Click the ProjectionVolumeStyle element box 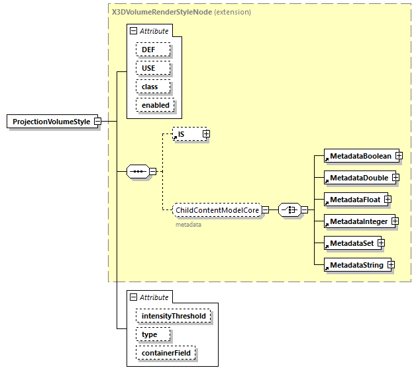pyautogui.click(x=51, y=122)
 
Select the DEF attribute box pyautogui.click(x=153, y=50)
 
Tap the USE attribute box pyautogui.click(x=153, y=68)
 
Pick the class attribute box pyautogui.click(x=153, y=87)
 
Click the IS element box pyautogui.click(x=187, y=134)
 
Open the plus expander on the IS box pyautogui.click(x=206, y=134)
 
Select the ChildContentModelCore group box pyautogui.click(x=216, y=210)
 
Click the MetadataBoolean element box pyautogui.click(x=358, y=156)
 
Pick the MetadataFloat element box pyautogui.click(x=353, y=200)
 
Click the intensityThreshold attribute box pyautogui.click(x=174, y=316)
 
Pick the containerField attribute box pyautogui.click(x=166, y=353)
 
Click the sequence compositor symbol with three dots pyautogui.click(x=137, y=172)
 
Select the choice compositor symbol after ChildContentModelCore pyautogui.click(x=289, y=210)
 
